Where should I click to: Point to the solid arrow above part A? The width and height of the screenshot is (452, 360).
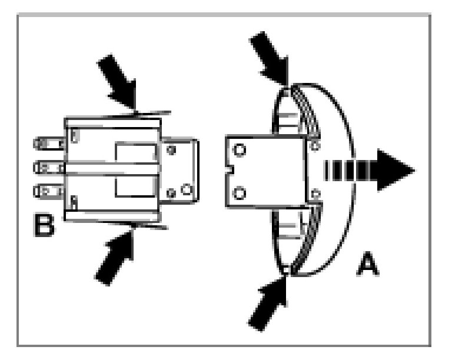point(271,58)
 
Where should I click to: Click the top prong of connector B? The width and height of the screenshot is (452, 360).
point(49,142)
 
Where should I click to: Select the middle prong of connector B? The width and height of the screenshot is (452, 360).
point(49,166)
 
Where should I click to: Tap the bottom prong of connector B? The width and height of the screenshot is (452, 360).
point(49,191)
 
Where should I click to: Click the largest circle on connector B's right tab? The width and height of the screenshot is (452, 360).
point(186,190)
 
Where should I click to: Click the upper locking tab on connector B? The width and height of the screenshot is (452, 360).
point(141,112)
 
